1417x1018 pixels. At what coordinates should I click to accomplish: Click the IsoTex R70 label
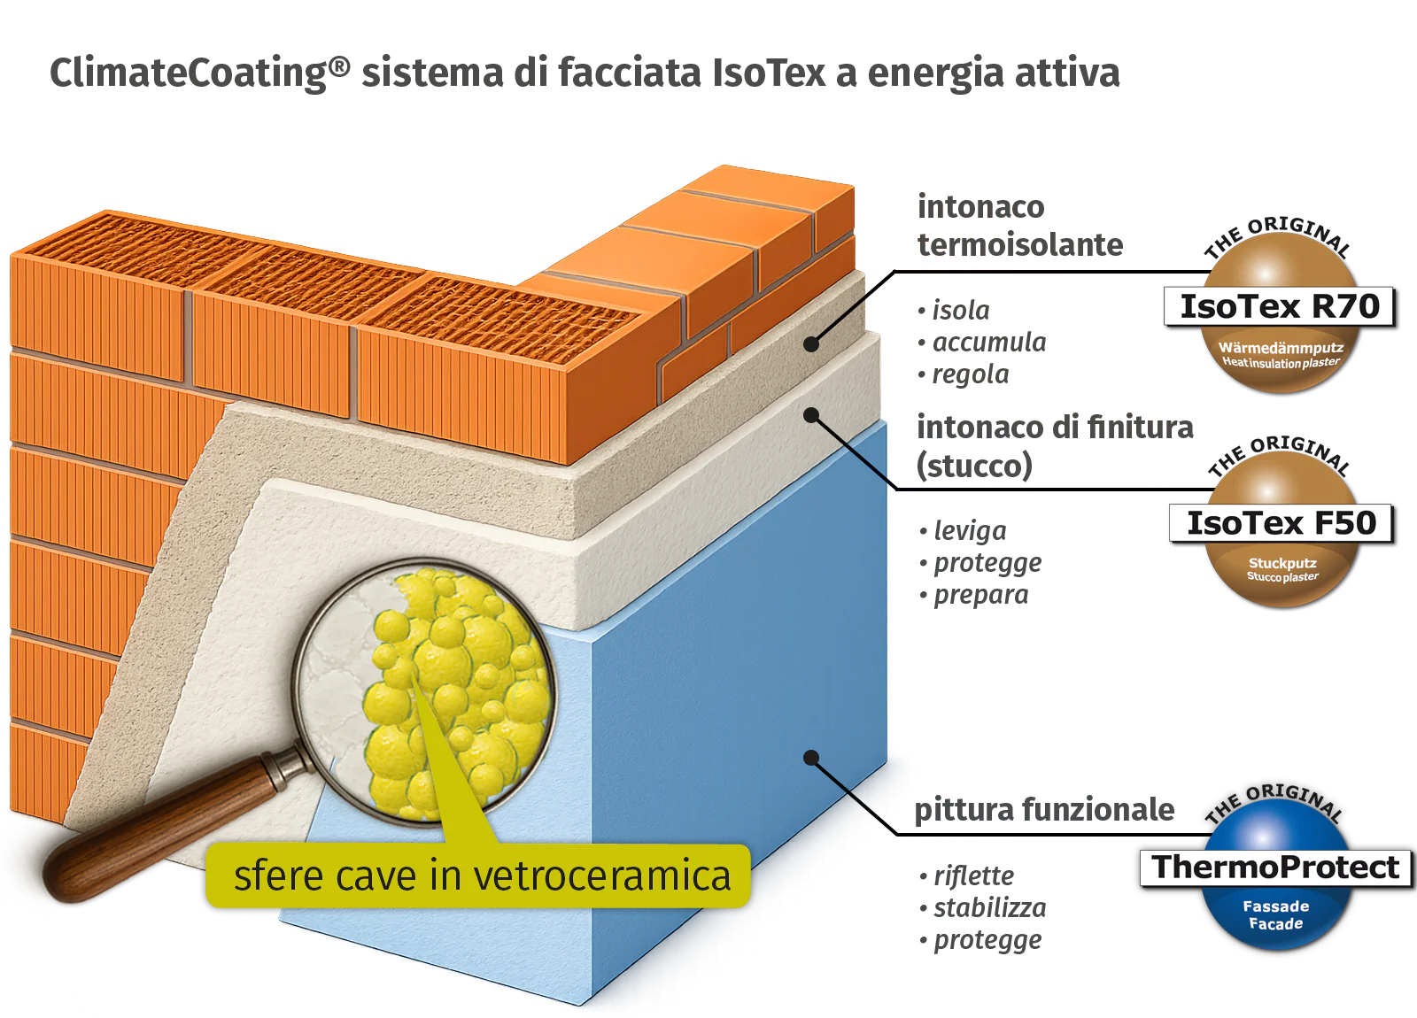point(1279,306)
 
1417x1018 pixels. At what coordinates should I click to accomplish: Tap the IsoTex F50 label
point(1281,523)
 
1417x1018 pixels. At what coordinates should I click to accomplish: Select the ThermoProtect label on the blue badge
point(1275,867)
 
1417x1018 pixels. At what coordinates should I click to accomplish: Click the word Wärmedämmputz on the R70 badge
point(1281,348)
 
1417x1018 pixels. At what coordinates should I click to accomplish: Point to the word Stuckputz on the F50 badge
point(1282,563)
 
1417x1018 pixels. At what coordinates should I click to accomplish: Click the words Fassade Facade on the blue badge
point(1275,914)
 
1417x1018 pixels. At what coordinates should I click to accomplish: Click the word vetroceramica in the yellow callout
point(602,876)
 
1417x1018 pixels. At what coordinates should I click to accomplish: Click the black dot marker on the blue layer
point(810,758)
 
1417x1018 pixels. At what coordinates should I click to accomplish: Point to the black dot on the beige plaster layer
point(812,344)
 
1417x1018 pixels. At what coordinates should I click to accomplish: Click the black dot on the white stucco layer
point(811,414)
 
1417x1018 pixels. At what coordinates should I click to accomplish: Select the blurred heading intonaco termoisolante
point(1018,226)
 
